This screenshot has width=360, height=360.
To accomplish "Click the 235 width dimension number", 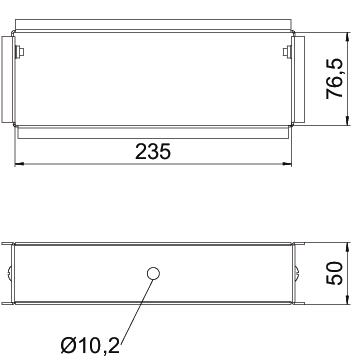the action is [x=153, y=152].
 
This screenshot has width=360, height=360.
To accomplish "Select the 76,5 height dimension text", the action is [x=334, y=78].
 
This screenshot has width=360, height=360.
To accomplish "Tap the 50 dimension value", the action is [x=334, y=273].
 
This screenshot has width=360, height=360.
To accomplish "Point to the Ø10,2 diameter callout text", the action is [x=90, y=346].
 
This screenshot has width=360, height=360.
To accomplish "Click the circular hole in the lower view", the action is [x=153, y=274].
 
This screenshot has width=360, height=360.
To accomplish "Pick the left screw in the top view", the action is [x=20, y=52].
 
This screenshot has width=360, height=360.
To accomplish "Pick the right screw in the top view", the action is [x=287, y=52].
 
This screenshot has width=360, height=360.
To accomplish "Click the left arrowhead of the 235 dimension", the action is [x=20, y=164].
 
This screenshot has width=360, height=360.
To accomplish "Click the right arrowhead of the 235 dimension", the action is [x=287, y=164].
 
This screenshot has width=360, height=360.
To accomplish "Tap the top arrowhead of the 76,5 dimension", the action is [x=348, y=37].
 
